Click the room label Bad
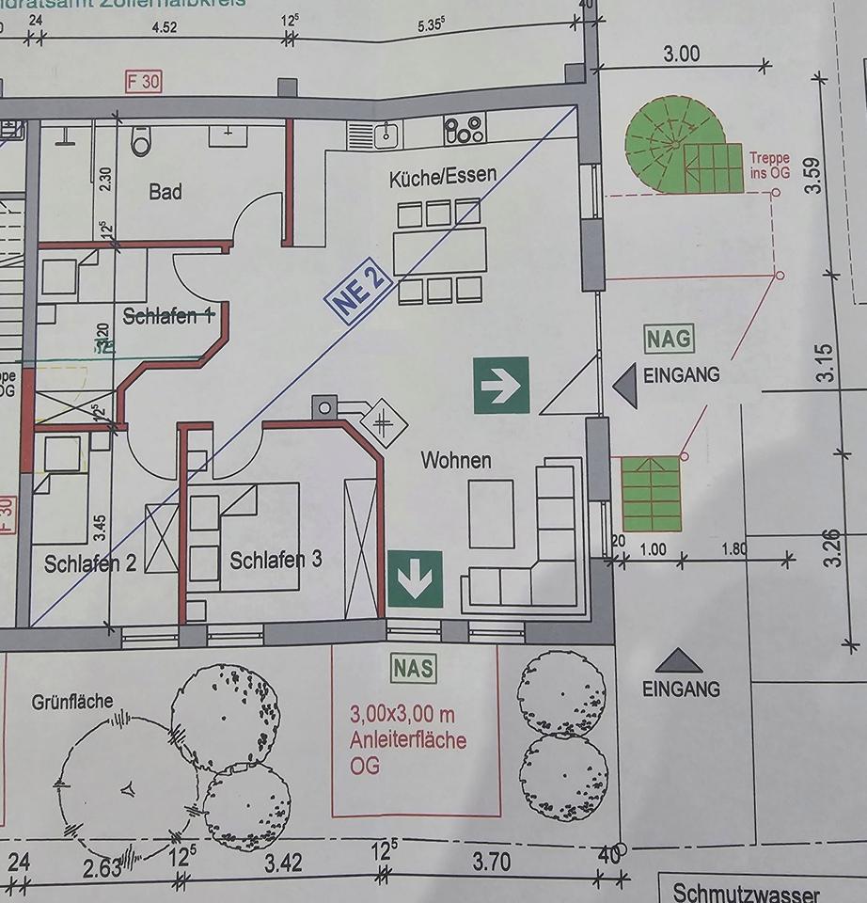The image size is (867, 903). click(x=166, y=192)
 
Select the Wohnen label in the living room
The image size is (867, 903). click(x=456, y=460)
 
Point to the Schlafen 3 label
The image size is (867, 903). click(x=276, y=560)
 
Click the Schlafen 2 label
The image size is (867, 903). click(x=90, y=563)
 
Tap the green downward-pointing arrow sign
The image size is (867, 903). click(x=415, y=578)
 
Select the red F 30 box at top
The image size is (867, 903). click(x=143, y=82)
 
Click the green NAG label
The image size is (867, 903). click(x=669, y=337)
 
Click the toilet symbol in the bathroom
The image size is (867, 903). click(x=141, y=142)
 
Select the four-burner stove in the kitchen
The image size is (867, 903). click(x=464, y=129)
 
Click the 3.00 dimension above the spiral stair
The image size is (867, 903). click(x=681, y=53)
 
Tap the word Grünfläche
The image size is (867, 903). click(x=72, y=701)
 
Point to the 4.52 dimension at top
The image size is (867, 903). click(x=165, y=27)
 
